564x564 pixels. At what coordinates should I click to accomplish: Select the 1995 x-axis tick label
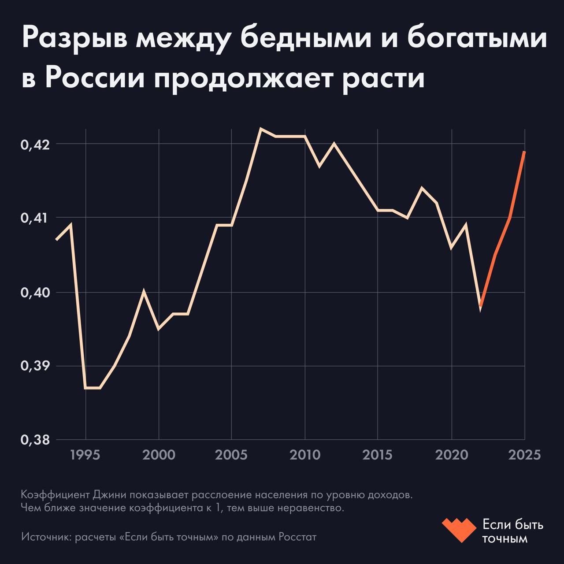click(x=85, y=454)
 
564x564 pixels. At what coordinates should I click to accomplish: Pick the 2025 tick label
click(x=524, y=454)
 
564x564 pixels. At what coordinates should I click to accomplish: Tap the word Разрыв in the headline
click(x=74, y=39)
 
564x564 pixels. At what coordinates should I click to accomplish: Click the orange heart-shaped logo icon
click(x=459, y=530)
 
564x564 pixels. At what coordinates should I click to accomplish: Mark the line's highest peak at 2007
click(x=261, y=129)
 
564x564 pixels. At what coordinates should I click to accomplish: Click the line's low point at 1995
click(x=85, y=388)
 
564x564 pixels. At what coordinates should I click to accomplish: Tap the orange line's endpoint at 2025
click(x=524, y=152)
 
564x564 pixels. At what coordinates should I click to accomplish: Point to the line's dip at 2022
click(x=481, y=307)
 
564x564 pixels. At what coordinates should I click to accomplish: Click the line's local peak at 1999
click(x=144, y=291)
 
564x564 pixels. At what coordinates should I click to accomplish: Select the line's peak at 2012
click(x=334, y=143)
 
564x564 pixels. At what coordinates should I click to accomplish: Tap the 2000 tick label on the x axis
click(x=159, y=454)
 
